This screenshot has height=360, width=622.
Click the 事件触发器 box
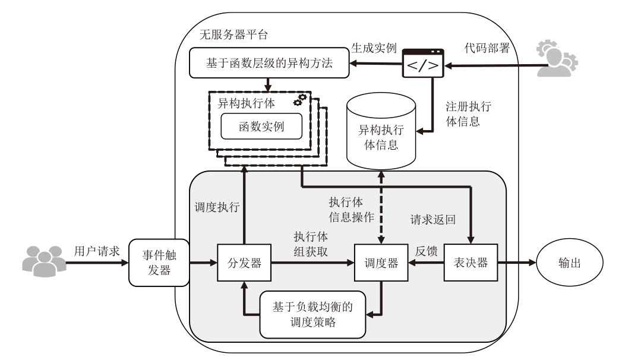point(157,263)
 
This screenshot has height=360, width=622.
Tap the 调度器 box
point(380,263)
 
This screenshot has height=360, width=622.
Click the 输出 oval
point(570,262)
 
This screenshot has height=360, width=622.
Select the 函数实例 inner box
point(262,126)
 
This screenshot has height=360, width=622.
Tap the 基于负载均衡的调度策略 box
point(312,314)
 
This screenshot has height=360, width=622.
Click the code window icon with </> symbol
point(423,62)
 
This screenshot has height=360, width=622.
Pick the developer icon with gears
point(557,58)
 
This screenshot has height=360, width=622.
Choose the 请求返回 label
point(432,220)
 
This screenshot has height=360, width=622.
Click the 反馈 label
point(426,252)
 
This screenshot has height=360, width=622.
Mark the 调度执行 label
point(217,207)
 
